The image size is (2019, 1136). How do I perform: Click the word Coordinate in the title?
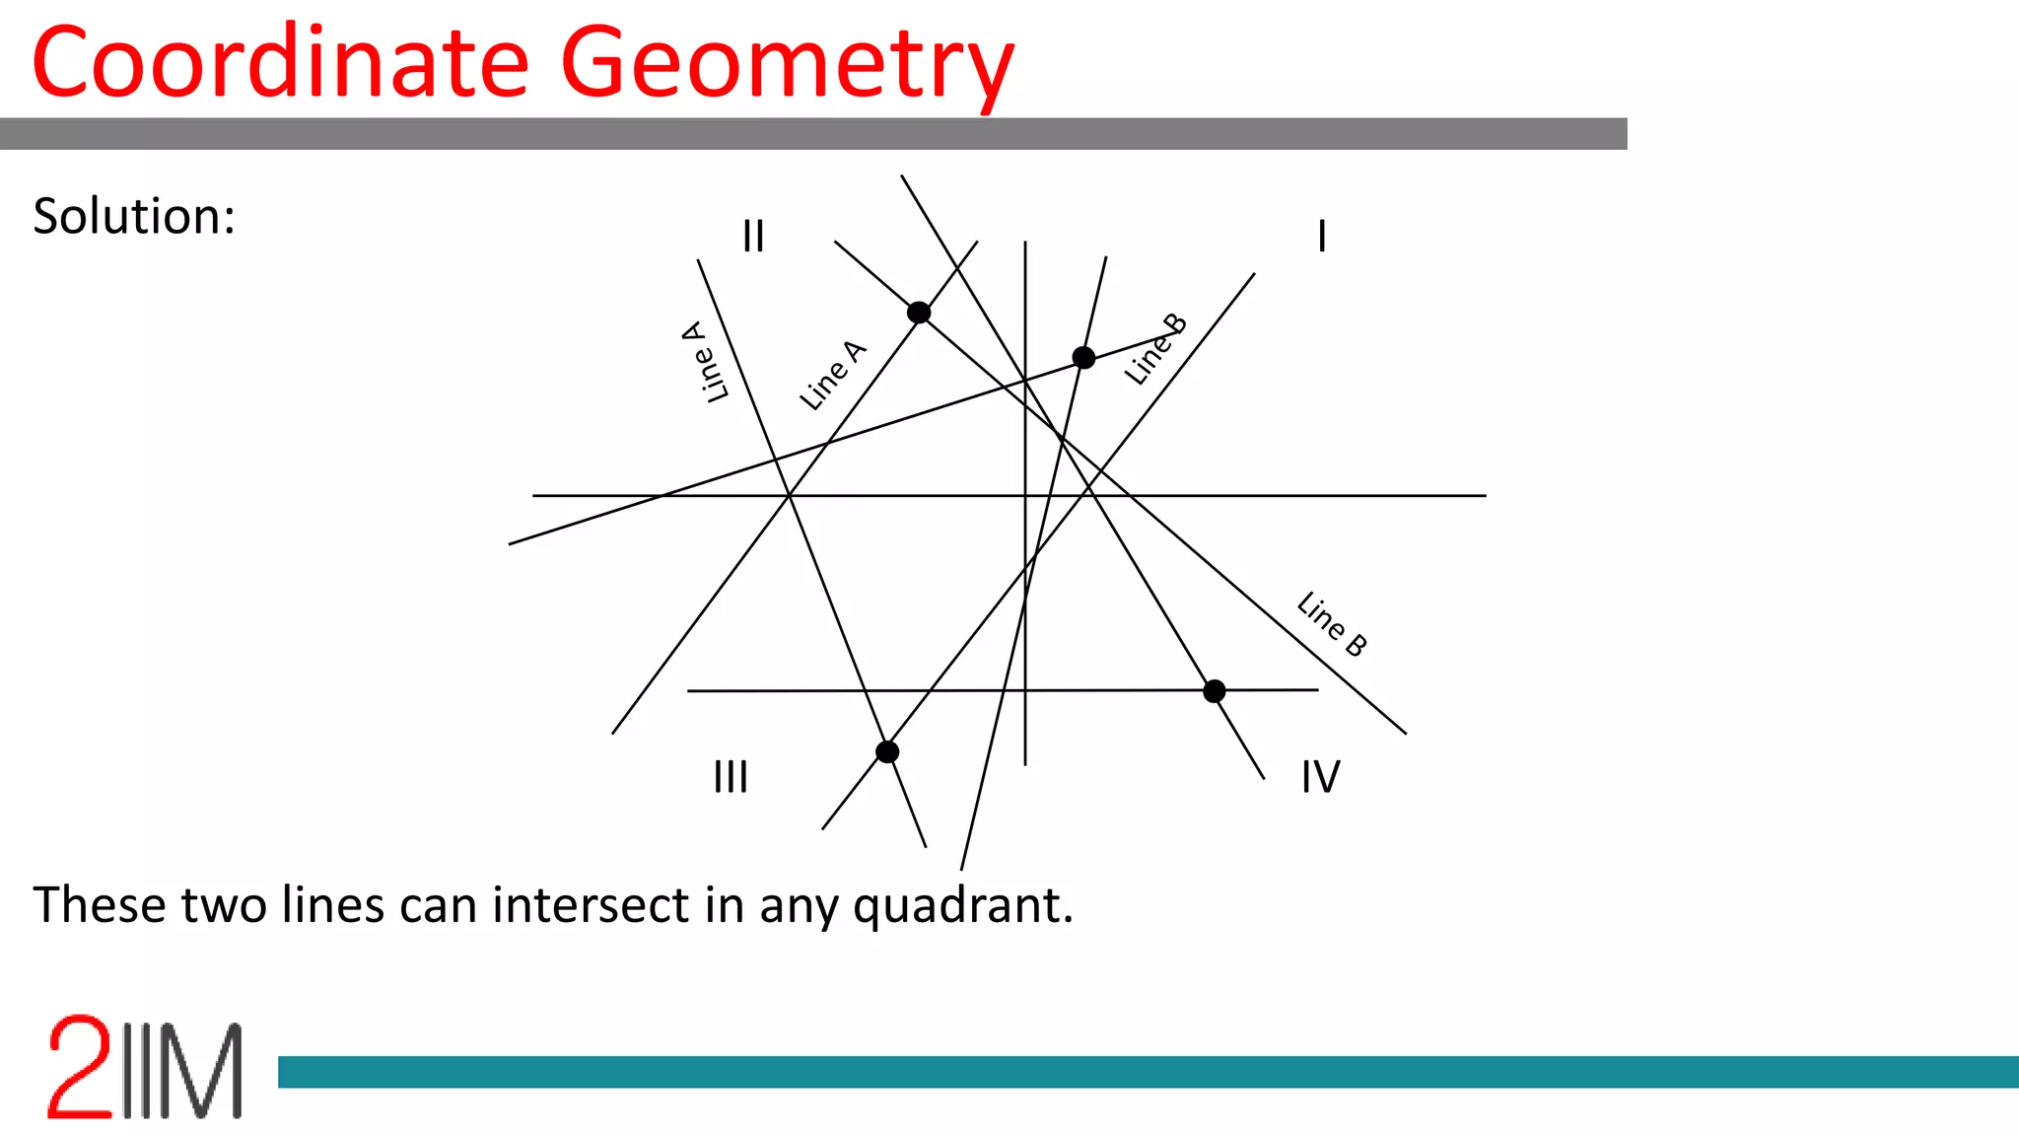(280, 63)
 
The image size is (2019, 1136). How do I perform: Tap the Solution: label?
(134, 216)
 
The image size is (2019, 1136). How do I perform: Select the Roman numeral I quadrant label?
(1322, 237)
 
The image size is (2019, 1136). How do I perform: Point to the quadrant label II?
(753, 237)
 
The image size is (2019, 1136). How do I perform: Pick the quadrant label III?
(731, 777)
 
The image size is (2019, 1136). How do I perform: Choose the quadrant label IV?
(1320, 777)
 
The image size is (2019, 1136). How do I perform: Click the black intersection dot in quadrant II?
(919, 313)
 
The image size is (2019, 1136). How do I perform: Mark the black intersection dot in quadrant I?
(1083, 357)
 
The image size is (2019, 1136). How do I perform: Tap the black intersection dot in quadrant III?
(887, 752)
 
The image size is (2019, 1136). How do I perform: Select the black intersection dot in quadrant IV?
(1215, 691)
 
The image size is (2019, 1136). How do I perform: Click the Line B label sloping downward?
(1332, 623)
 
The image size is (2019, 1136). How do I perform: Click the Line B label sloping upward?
(1155, 349)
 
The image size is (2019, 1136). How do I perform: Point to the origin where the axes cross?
(1025, 495)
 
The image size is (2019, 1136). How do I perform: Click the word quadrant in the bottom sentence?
(962, 905)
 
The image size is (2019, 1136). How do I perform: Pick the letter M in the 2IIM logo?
(202, 1071)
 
